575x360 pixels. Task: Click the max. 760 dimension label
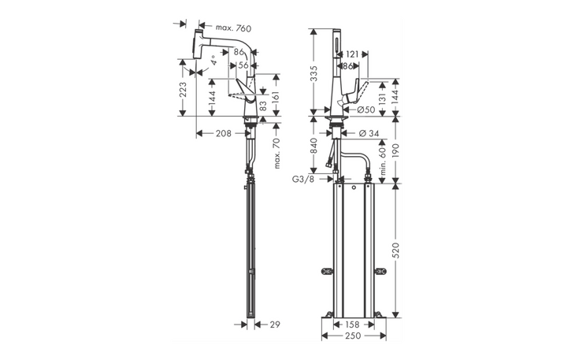pos(228,29)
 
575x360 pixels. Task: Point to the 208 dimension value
pos(223,134)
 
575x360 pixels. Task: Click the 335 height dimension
pos(314,73)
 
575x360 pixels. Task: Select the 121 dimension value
pos(351,54)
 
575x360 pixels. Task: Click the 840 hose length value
pos(314,148)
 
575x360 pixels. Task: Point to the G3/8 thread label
pos(302,180)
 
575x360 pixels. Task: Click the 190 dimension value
pos(395,150)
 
